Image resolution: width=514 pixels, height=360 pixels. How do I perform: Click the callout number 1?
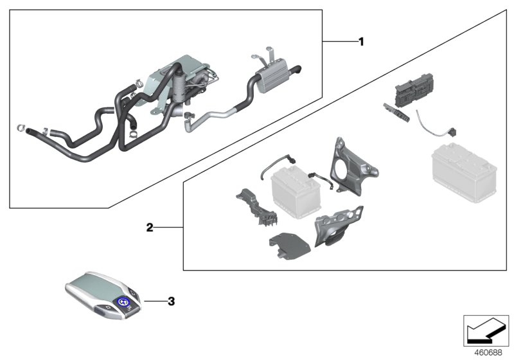click(361, 42)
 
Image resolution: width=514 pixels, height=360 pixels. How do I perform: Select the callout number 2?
click(149, 228)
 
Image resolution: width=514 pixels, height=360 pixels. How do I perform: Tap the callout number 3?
click(170, 300)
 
